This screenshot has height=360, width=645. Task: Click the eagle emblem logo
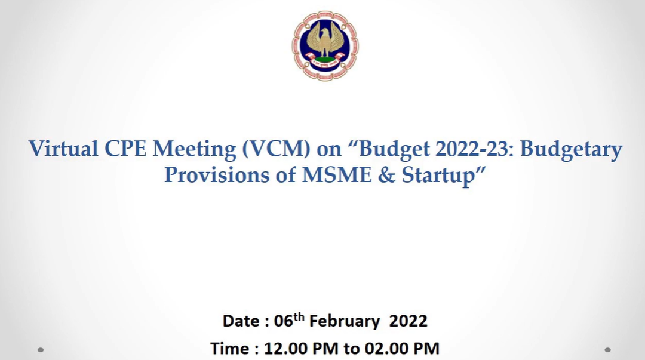(325, 45)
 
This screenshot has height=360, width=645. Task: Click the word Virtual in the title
(63, 149)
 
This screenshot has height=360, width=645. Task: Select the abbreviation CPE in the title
(125, 149)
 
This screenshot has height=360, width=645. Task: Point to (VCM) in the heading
(276, 149)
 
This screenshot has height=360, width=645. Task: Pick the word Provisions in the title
(217, 175)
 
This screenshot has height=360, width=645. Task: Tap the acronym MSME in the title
(337, 175)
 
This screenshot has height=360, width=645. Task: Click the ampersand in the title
(386, 175)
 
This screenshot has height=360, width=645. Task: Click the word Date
(241, 321)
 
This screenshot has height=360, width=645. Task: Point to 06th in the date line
(289, 320)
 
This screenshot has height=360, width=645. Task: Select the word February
(345, 321)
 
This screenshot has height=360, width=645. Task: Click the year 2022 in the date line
(408, 321)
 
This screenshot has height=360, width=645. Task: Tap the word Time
(229, 349)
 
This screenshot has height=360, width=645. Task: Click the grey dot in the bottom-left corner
(41, 350)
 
